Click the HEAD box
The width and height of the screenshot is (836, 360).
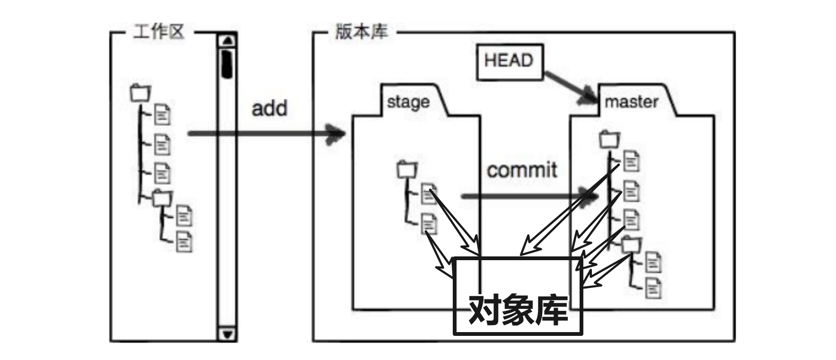(509, 61)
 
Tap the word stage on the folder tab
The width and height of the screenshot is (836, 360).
(408, 102)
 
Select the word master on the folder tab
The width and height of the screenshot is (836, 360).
(631, 102)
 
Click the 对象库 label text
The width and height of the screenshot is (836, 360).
(518, 310)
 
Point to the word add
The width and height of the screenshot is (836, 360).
(269, 108)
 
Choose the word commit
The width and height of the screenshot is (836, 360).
(522, 170)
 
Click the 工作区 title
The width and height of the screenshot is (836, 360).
(158, 32)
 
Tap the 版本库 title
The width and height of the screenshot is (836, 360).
(361, 32)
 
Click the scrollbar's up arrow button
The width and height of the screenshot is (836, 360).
(228, 40)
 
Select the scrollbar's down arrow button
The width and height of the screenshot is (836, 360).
(228, 334)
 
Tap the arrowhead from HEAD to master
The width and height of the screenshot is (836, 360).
(591, 97)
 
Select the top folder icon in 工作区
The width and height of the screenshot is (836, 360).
(140, 93)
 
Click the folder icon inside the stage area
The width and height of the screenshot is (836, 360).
(407, 169)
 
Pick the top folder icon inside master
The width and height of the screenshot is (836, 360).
(609, 139)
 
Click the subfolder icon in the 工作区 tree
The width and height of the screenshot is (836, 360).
(162, 197)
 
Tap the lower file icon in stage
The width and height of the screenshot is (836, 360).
(429, 223)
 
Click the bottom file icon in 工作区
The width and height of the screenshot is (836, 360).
(184, 242)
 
